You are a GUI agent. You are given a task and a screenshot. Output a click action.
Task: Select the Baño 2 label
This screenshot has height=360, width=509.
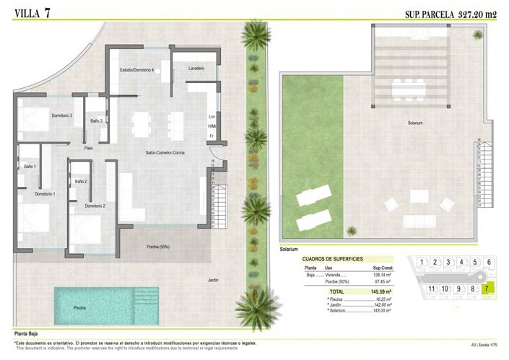pyautogui.click(x=80, y=181)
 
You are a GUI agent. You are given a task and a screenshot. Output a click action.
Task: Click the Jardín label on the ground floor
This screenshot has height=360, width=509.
pyautogui.click(x=213, y=280)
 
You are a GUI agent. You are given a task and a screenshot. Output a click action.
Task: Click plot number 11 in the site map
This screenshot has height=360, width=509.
pyautogui.click(x=432, y=289)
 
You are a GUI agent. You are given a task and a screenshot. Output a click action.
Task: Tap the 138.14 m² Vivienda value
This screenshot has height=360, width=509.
pyautogui.click(x=381, y=275)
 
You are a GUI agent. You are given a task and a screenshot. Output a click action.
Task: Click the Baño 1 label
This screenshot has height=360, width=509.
pyautogui.click(x=30, y=167)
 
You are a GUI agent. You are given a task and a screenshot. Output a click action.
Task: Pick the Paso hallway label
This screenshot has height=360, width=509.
pyautogui.click(x=89, y=149)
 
